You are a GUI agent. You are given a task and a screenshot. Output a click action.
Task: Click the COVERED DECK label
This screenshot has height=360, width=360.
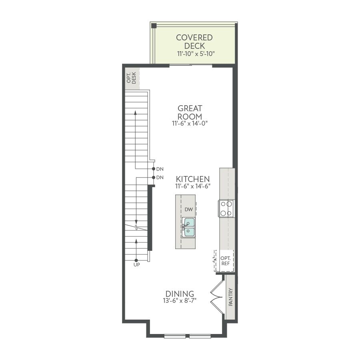pyautogui.click(x=194, y=42)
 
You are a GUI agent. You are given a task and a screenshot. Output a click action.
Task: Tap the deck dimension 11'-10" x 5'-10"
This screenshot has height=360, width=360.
pyautogui.click(x=196, y=54)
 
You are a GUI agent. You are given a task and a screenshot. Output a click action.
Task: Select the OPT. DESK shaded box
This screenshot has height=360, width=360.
pyautogui.click(x=132, y=78)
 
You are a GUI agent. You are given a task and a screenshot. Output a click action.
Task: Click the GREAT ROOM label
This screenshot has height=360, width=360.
pyautogui.click(x=190, y=112)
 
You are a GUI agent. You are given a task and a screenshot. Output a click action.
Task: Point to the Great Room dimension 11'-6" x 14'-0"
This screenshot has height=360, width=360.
pyautogui.click(x=190, y=123)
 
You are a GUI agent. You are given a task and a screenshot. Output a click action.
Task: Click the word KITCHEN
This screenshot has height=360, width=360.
pyautogui.click(x=193, y=179)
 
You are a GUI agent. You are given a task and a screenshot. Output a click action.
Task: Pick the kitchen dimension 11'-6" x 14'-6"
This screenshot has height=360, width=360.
pyautogui.click(x=193, y=186)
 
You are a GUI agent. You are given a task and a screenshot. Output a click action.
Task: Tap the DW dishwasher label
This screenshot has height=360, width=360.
pyautogui.click(x=189, y=209)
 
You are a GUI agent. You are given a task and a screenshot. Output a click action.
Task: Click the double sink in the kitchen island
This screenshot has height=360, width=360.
pyautogui.click(x=188, y=227)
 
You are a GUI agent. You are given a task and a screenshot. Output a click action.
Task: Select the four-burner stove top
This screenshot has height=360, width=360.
pyautogui.click(x=226, y=208)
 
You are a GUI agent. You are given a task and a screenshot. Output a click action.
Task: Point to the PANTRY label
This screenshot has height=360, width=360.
pyautogui.click(x=230, y=297)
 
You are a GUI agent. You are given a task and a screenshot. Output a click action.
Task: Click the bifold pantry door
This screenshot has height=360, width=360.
pyautogui.click(x=217, y=297)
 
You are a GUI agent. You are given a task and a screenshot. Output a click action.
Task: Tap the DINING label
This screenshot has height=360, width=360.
pyautogui.click(x=180, y=294)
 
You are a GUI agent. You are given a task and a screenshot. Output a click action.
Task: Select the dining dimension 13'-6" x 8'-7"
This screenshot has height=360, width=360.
pyautogui.click(x=180, y=300)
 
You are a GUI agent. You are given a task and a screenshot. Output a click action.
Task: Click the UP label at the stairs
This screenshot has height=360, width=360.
pyautogui.click(x=137, y=265)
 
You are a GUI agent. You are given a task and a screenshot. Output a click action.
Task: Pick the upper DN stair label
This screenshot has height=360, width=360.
pyautogui.click(x=160, y=169)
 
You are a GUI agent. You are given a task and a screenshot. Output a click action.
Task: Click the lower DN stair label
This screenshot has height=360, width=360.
pyautogui.click(x=160, y=178)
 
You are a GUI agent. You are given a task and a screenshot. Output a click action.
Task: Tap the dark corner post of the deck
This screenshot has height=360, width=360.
pyautogui.click(x=154, y=26)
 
